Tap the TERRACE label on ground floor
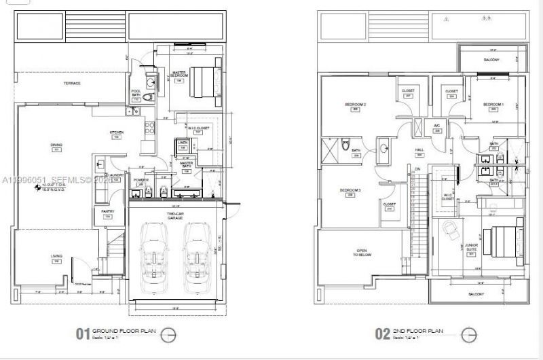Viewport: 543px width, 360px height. pyautogui.click(x=72, y=84)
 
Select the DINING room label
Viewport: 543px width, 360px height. pyautogui.click(x=56, y=145)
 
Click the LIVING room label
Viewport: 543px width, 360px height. pyautogui.click(x=57, y=256)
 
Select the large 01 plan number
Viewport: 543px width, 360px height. pyautogui.click(x=83, y=334)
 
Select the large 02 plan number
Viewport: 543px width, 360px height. pyautogui.click(x=383, y=334)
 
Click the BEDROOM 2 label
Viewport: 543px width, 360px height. pyautogui.click(x=355, y=105)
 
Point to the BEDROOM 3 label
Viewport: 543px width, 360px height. pyautogui.click(x=350, y=190)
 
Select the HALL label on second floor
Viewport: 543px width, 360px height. pyautogui.click(x=419, y=151)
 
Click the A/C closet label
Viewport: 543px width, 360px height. pyautogui.click(x=437, y=126)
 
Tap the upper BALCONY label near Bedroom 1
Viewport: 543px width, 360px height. pyautogui.click(x=491, y=60)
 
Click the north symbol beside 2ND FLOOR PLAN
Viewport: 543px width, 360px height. pyautogui.click(x=468, y=334)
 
